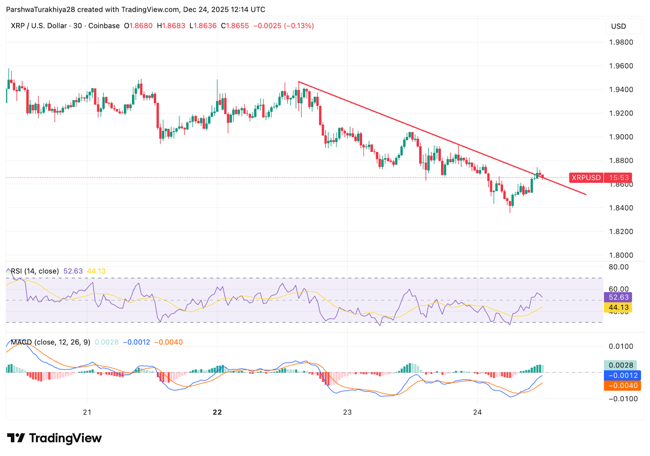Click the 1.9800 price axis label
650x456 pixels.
point(621,42)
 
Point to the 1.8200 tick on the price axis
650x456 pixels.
point(621,231)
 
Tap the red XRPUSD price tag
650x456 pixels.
point(586,178)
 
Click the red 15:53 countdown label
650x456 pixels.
point(618,178)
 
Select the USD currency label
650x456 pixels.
point(618,26)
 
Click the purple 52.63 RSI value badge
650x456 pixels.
point(618,297)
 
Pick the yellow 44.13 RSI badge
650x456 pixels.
point(618,308)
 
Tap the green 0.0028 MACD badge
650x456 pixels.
point(620,365)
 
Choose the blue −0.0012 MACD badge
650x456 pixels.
point(622,375)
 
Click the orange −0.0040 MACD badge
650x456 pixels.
point(622,386)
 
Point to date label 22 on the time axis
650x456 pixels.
point(217,412)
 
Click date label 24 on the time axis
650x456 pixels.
point(477,412)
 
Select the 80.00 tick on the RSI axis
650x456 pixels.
point(618,267)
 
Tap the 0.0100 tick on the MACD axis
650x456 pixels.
point(621,347)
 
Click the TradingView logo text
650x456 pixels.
point(65,438)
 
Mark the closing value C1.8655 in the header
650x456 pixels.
point(235,26)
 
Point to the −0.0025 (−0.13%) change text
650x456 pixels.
point(284,26)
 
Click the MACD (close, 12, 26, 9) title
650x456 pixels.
point(50,342)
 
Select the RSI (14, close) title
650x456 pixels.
point(35,271)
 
